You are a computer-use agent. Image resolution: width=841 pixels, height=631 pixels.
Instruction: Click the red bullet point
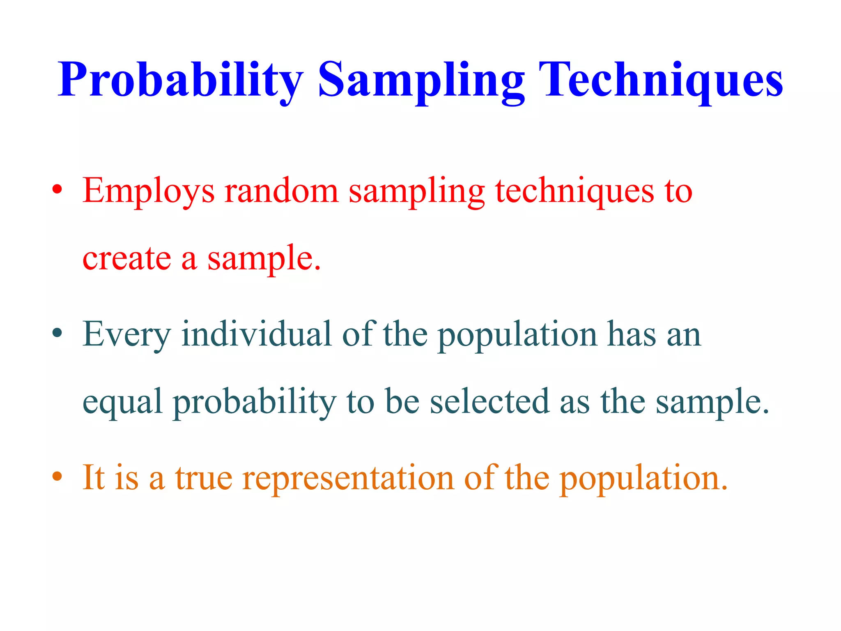57,190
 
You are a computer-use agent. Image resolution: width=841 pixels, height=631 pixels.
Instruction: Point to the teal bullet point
57,333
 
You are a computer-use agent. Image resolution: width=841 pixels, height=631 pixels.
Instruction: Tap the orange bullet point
57,477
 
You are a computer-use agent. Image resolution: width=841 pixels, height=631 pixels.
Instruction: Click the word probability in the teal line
255,403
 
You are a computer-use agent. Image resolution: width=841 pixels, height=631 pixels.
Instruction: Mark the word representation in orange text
348,479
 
